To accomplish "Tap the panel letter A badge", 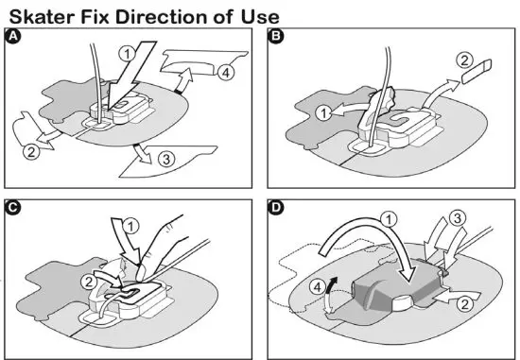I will click(13, 37).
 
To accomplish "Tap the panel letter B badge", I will click(277, 37).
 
